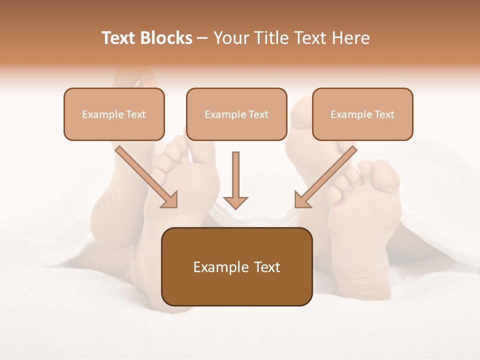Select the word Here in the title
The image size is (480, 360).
350,38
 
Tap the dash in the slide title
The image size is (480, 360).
202,38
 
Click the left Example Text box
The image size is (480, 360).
114,114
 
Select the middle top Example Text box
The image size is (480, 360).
236,114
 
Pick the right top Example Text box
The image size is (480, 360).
362,114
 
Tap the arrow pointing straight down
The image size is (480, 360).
235,180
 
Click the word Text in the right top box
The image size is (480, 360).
384,114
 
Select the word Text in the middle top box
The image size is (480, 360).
258,114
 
